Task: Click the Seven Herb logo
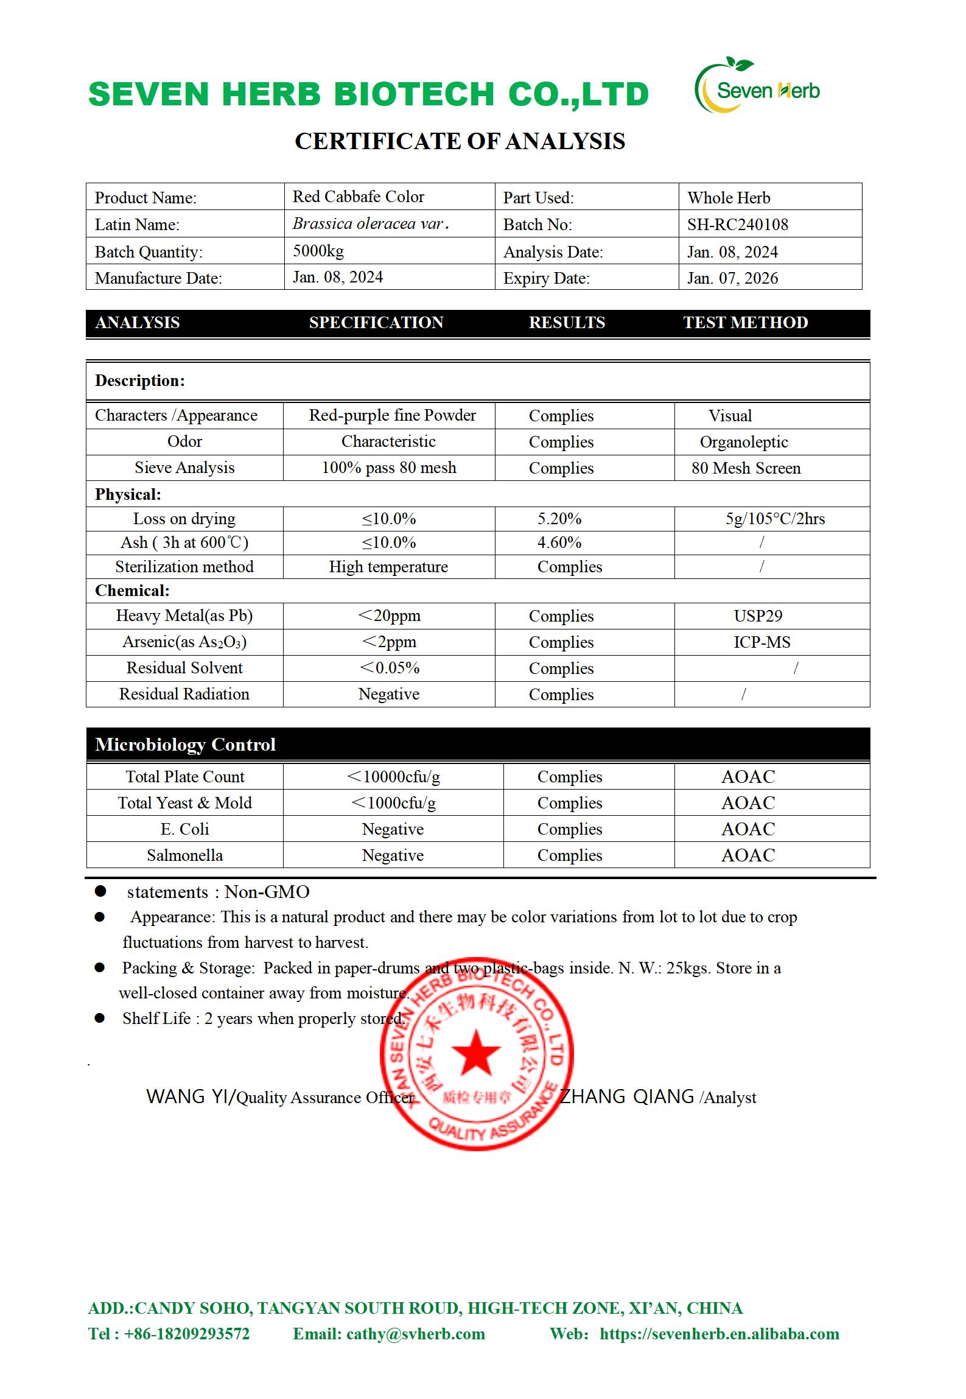[x=757, y=87]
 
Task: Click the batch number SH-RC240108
[x=737, y=225]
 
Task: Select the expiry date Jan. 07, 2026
[x=732, y=278]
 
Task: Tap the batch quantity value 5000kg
[x=318, y=251]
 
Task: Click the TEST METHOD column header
[x=745, y=323]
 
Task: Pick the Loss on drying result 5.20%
[x=559, y=519]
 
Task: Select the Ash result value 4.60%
[x=559, y=542]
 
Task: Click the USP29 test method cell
[x=758, y=616]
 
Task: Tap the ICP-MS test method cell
[x=761, y=642]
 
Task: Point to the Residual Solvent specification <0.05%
[x=390, y=668]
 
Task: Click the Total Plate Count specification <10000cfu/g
[x=393, y=777]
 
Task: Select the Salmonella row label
[x=184, y=855]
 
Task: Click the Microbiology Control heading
[x=185, y=745]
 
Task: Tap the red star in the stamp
[x=475, y=1052]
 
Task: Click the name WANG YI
[x=188, y=1096]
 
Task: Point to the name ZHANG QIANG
[x=626, y=1096]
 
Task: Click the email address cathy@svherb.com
[x=415, y=1334]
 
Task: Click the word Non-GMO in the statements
[x=267, y=892]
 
